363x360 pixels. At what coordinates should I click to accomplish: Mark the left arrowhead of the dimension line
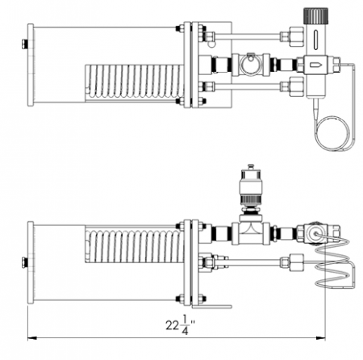point(31,336)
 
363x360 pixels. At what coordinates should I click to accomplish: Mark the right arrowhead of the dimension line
point(323,336)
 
